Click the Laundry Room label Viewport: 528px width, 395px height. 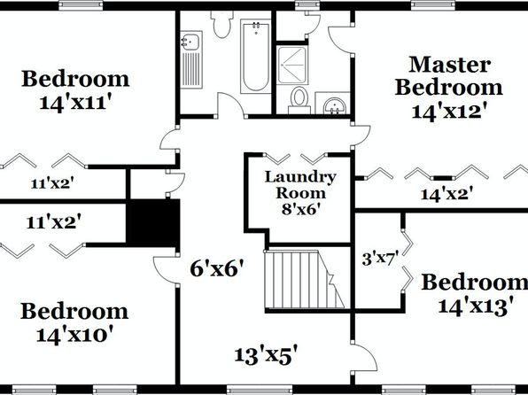(300, 185)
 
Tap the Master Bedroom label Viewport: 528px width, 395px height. (449, 76)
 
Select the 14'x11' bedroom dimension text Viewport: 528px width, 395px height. (75, 103)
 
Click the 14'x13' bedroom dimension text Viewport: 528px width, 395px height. (476, 306)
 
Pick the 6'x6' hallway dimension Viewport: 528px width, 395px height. (216, 268)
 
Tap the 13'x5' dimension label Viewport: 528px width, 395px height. (266, 356)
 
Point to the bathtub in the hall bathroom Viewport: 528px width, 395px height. (255, 56)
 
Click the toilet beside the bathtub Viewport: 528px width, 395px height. (221, 24)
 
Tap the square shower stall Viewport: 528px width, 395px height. (292, 65)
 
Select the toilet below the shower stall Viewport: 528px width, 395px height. (299, 100)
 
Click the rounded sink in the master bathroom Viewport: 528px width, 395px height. (334, 106)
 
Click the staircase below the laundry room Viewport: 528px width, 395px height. (305, 279)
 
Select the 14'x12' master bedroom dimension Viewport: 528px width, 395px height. (449, 111)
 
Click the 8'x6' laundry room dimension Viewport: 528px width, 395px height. (300, 210)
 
